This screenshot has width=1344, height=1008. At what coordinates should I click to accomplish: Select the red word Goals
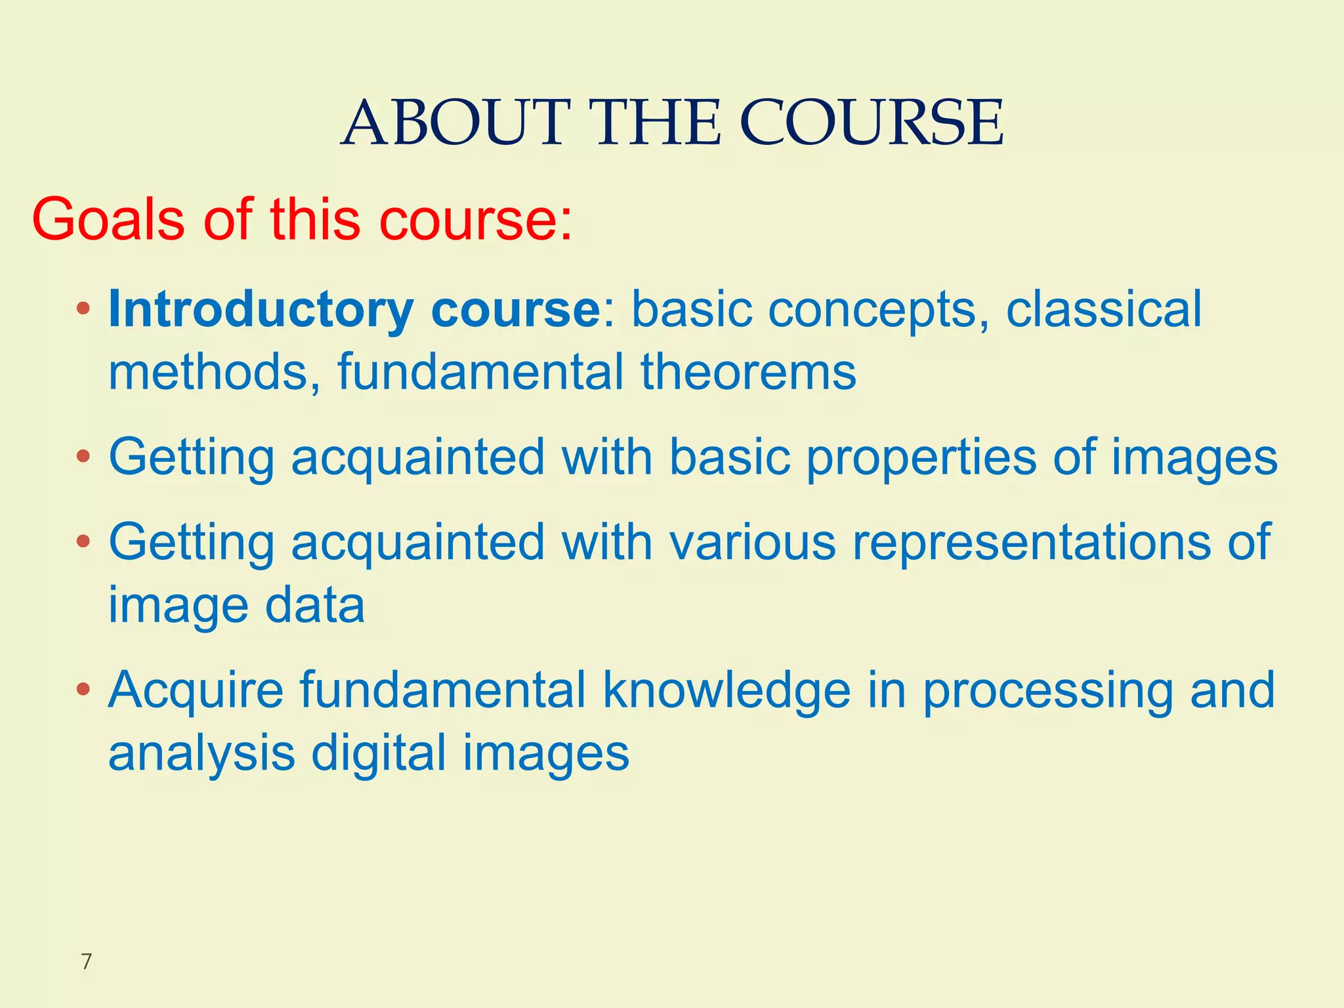(108, 219)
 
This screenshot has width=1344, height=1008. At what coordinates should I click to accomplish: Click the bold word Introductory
(261, 310)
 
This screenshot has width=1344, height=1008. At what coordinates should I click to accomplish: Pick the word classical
(1104, 308)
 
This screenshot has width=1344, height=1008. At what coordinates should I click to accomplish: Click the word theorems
(748, 372)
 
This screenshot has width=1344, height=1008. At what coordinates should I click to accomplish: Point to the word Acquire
(196, 692)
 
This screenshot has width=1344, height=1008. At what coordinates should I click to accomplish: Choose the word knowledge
(726, 692)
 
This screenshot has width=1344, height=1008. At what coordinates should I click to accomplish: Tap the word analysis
(201, 753)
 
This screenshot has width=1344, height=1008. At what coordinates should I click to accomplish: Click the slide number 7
(86, 962)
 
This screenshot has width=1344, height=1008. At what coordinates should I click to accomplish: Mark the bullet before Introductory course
(83, 308)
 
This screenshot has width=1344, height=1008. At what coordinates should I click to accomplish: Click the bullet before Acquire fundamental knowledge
(83, 690)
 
